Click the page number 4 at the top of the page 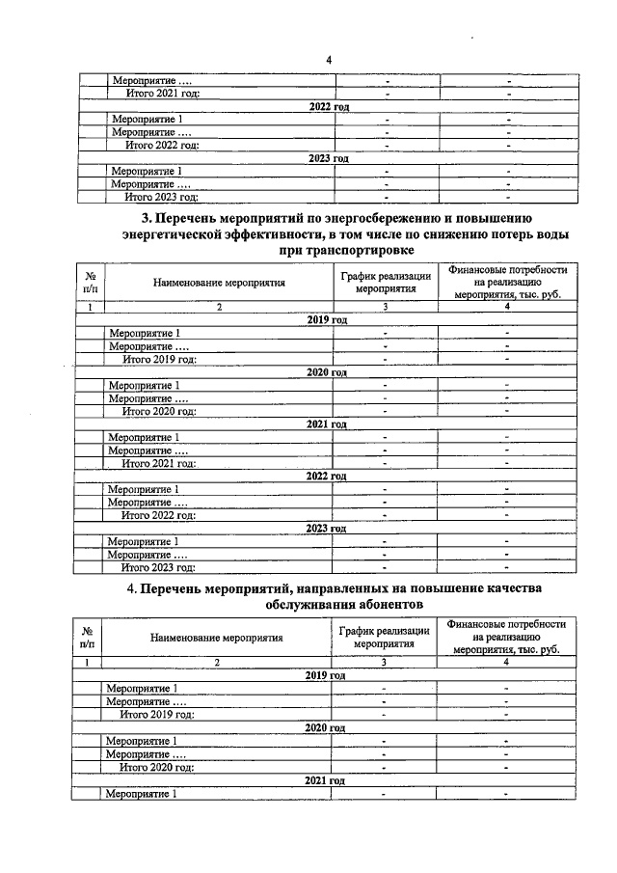[329, 61]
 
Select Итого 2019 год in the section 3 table [159, 359]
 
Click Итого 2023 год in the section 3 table [158, 567]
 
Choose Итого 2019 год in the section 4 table [156, 715]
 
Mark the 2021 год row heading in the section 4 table [324, 779]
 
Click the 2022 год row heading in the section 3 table [326, 477]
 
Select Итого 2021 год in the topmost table [163, 93]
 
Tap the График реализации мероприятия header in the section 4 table [383, 637]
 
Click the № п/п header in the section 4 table [87, 637]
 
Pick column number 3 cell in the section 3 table [385, 307]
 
